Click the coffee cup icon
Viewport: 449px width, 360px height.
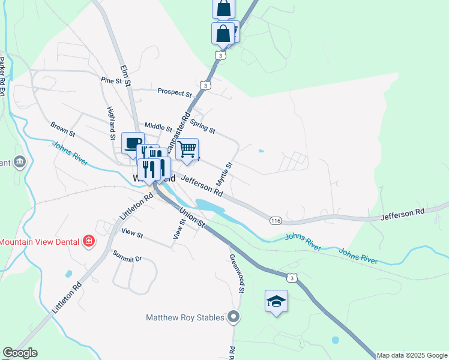click(132, 143)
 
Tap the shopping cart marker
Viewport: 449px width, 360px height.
click(187, 148)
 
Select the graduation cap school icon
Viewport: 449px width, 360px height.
click(276, 301)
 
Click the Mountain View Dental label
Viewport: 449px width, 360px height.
click(40, 242)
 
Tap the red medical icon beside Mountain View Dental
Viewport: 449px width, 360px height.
click(89, 242)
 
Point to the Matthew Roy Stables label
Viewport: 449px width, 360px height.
click(185, 317)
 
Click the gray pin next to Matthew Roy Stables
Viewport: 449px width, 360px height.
click(234, 317)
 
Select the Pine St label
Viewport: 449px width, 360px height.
click(112, 80)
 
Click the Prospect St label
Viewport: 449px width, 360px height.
click(174, 92)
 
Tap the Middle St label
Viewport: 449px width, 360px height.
click(158, 127)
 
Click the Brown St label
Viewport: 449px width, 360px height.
click(62, 128)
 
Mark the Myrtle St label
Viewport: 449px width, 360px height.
click(228, 173)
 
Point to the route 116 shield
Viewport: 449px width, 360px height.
click(276, 221)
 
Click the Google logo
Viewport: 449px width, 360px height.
click(20, 353)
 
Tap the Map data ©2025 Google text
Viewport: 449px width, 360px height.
click(412, 355)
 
